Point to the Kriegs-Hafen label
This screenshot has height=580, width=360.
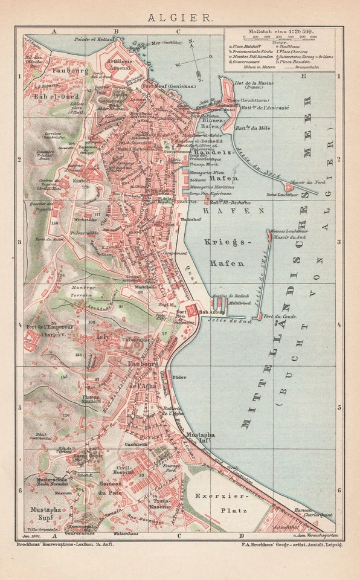pos(227,252)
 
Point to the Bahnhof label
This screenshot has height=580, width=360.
pos(191,213)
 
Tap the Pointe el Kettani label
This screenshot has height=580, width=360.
pos(91,39)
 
